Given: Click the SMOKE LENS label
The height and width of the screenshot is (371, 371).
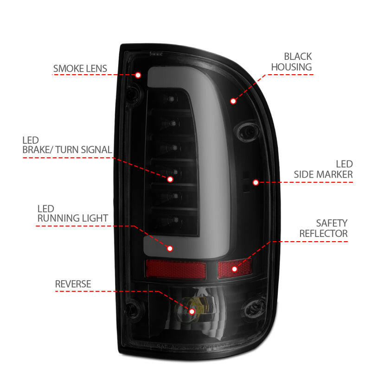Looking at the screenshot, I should (80, 69).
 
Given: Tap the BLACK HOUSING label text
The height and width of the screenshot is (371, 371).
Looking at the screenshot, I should (291, 62).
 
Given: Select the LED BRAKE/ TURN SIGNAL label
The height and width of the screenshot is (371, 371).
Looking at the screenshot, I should (67, 145).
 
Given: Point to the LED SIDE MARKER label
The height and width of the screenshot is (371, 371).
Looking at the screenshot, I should (323, 169).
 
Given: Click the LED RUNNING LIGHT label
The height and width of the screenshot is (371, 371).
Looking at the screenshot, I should (73, 213).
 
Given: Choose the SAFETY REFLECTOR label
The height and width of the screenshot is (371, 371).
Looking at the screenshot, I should (323, 228).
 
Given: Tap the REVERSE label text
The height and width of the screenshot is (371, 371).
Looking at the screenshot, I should (73, 283).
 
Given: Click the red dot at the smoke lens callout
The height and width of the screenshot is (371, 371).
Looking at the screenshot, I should (138, 75).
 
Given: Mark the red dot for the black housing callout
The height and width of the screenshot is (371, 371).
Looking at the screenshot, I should (233, 101).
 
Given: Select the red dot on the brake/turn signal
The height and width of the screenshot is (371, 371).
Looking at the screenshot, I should (170, 179).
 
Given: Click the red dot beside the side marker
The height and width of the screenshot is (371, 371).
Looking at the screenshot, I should (256, 182).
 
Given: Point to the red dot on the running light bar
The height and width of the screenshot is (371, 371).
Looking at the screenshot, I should (170, 249).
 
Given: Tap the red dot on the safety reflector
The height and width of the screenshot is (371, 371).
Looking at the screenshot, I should (234, 269).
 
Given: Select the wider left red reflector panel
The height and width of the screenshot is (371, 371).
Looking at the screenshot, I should (176, 269).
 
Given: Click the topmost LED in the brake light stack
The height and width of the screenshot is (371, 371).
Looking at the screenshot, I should (172, 99).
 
